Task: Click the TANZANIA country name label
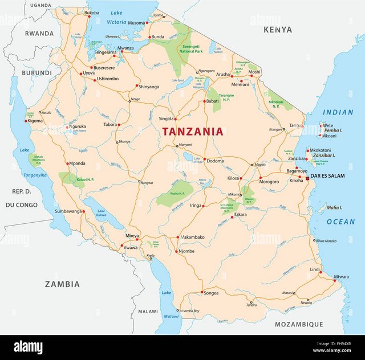point(192,132)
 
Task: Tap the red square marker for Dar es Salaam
point(307,179)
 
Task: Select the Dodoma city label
point(215,161)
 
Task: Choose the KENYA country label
point(278,29)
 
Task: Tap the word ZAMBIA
point(62,284)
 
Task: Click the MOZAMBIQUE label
point(299,324)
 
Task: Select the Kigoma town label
point(35,121)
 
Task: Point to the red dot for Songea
point(201,293)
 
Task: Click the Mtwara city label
point(341,277)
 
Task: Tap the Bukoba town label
point(91,13)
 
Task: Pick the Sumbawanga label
point(67,211)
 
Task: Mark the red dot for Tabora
point(119,124)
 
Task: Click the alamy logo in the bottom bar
point(35,347)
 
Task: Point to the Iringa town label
point(196,206)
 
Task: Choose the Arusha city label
point(222,75)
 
